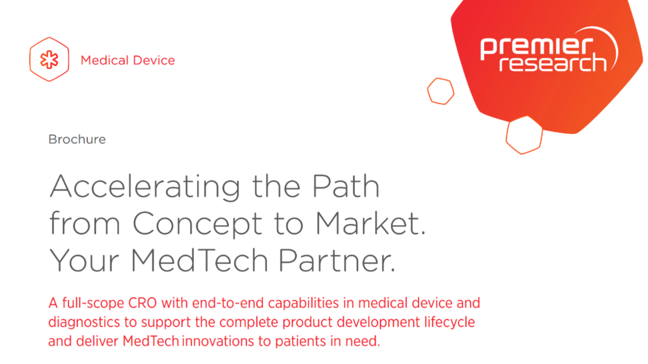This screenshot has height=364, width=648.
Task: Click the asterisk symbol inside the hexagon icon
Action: coord(49,60)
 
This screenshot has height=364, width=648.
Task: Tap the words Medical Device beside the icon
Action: coord(128,60)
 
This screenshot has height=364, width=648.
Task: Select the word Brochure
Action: coord(77,139)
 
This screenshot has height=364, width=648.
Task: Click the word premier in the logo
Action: coord(536,46)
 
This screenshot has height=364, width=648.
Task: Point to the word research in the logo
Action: coord(553,63)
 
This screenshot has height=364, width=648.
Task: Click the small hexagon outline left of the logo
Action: coord(441,91)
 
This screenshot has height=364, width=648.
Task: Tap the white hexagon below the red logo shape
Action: coord(524,135)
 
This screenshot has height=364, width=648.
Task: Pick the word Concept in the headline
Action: coord(197,224)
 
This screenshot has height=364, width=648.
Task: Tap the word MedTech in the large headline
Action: coord(200,260)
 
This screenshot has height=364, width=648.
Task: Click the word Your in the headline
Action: coord(84,260)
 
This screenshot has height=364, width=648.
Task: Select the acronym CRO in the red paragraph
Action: coord(142,303)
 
